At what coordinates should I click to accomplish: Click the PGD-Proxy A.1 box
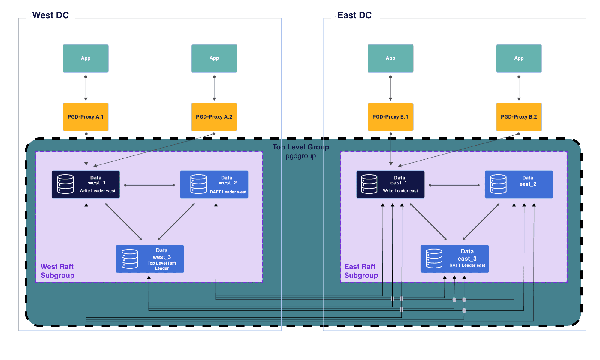(x=86, y=117)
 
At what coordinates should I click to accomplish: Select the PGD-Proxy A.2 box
(x=214, y=117)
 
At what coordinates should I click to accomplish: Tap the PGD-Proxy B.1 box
(x=390, y=117)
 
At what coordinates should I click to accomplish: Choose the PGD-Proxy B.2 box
(x=519, y=117)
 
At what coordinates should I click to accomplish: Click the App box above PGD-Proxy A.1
(x=86, y=58)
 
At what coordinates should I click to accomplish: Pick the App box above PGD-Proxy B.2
(x=519, y=58)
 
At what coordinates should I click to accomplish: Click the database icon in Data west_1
(x=65, y=184)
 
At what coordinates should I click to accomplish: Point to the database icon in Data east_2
(x=498, y=184)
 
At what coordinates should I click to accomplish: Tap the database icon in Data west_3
(x=130, y=259)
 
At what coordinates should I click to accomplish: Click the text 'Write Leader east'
(x=400, y=191)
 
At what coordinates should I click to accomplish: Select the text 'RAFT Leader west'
(x=228, y=192)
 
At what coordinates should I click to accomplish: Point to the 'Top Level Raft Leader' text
(x=162, y=266)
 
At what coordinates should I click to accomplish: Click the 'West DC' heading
(x=50, y=15)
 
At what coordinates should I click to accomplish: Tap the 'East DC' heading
(x=354, y=15)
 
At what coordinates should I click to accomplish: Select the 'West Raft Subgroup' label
(x=57, y=271)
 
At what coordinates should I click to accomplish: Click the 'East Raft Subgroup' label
(x=361, y=271)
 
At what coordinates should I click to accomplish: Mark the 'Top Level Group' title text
(x=300, y=147)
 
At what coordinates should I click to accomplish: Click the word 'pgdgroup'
(x=300, y=156)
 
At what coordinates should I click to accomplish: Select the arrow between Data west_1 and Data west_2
(x=149, y=185)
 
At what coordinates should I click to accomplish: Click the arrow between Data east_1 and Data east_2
(x=454, y=185)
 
